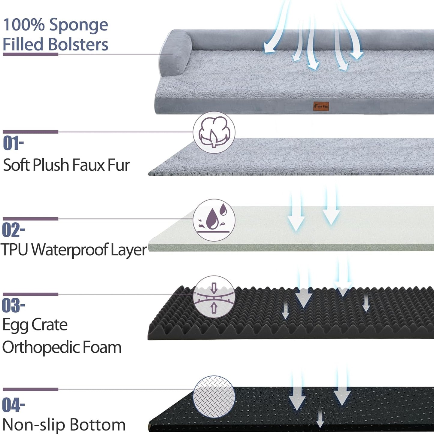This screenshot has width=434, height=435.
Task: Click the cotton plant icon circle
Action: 214,132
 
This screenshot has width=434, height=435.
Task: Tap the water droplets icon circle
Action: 214,220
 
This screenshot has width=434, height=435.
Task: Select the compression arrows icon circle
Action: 214,297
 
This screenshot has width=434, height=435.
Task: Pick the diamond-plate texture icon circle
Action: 214,396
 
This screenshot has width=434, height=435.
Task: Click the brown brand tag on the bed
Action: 321,106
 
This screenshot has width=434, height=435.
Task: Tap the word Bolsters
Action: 78,44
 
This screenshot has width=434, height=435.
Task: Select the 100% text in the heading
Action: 24,25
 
